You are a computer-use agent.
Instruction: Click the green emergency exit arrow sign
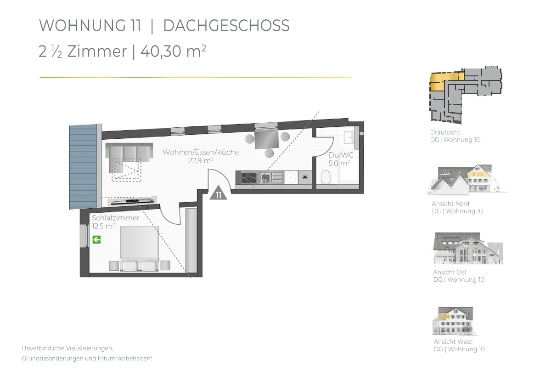tap(96, 239)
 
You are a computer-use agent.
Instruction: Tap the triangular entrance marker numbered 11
tap(219, 194)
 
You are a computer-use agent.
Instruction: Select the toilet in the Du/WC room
tap(326, 177)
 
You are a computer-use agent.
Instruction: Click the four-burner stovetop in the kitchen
tap(249, 178)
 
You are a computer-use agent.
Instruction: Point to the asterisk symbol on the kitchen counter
tap(305, 177)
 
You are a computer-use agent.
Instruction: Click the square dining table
tap(266, 139)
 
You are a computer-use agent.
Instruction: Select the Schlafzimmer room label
tap(115, 218)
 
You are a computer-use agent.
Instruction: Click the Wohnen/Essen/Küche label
tap(200, 153)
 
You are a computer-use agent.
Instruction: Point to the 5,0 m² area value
tap(339, 163)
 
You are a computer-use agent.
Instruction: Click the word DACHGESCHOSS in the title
tap(226, 26)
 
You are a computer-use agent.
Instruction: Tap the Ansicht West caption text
tap(453, 342)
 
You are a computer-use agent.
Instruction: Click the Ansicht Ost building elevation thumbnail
tap(467, 248)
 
